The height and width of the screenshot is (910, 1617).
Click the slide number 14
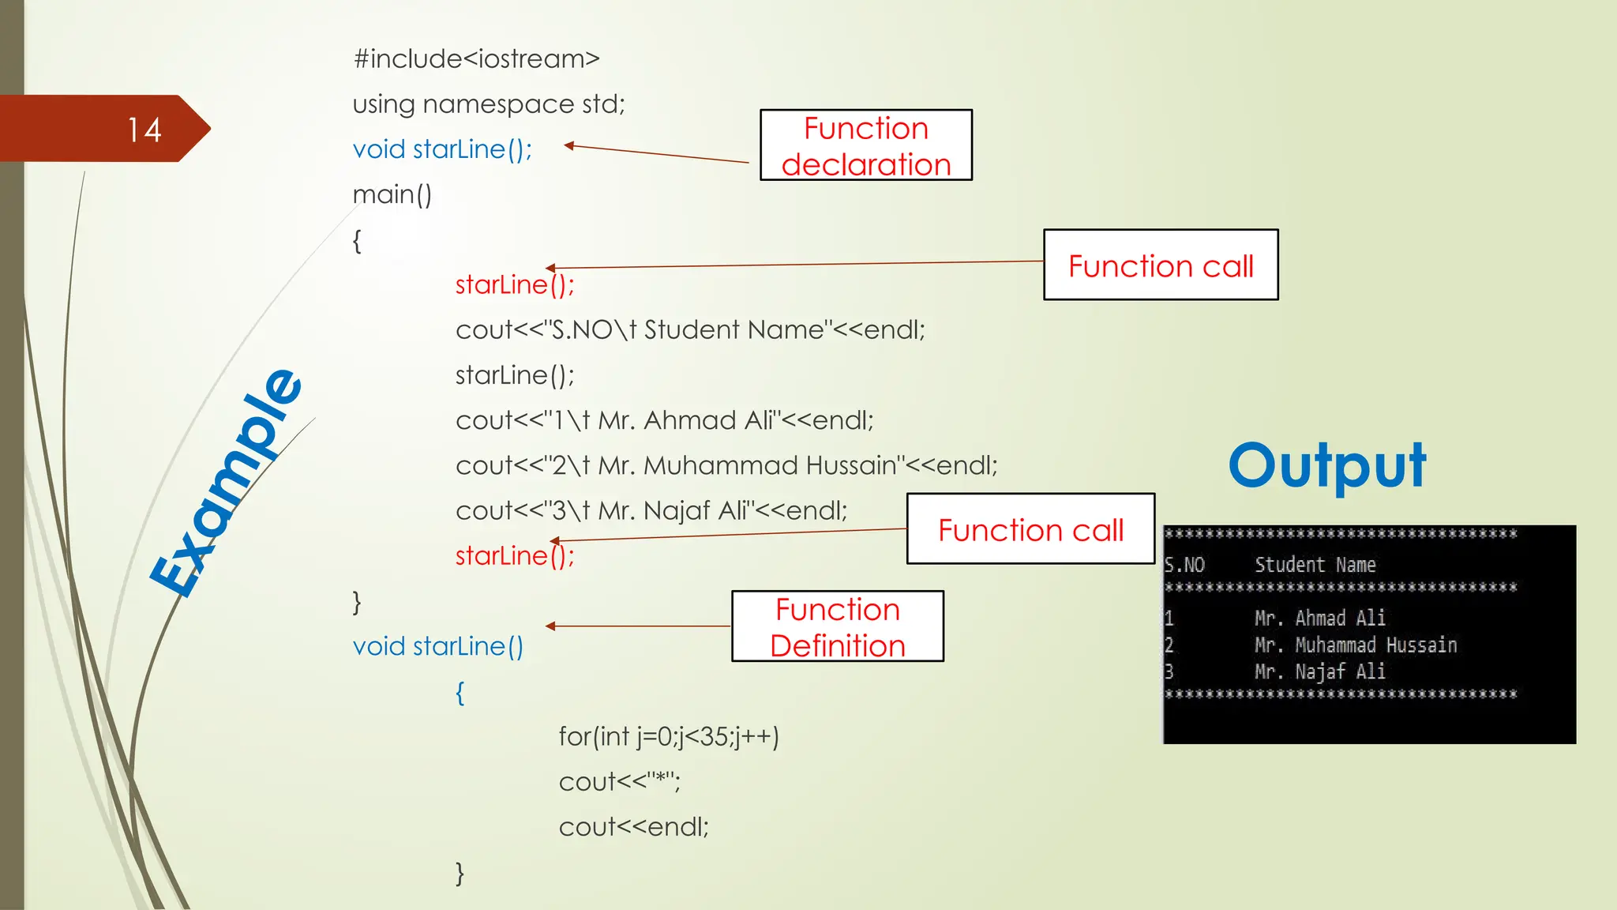(x=144, y=130)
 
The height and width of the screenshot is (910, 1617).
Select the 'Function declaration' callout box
(x=865, y=145)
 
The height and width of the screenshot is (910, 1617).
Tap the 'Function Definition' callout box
(x=837, y=626)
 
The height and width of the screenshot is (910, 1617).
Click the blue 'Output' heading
(x=1326, y=466)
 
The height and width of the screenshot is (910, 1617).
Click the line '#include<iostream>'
(x=476, y=58)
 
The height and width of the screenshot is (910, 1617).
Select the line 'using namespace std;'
(x=488, y=103)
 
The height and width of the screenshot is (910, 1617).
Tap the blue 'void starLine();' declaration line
(x=442, y=149)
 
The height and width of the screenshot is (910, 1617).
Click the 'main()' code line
(x=392, y=194)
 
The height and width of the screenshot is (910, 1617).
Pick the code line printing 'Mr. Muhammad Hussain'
(x=726, y=465)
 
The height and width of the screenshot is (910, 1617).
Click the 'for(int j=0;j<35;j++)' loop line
(x=669, y=736)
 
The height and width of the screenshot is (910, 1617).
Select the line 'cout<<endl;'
(x=633, y=827)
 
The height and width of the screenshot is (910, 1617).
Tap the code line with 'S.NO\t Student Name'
(x=690, y=329)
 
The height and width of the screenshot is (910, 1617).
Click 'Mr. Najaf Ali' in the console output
(x=1319, y=671)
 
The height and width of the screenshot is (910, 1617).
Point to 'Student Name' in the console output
(x=1315, y=565)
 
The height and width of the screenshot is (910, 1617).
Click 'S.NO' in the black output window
(x=1184, y=565)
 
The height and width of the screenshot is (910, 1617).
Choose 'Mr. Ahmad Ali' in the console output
(x=1319, y=618)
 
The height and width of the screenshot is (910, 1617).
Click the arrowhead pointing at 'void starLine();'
(x=568, y=145)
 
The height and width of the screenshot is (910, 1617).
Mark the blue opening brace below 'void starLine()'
(x=460, y=693)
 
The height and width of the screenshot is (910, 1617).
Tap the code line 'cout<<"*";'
(x=619, y=781)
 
